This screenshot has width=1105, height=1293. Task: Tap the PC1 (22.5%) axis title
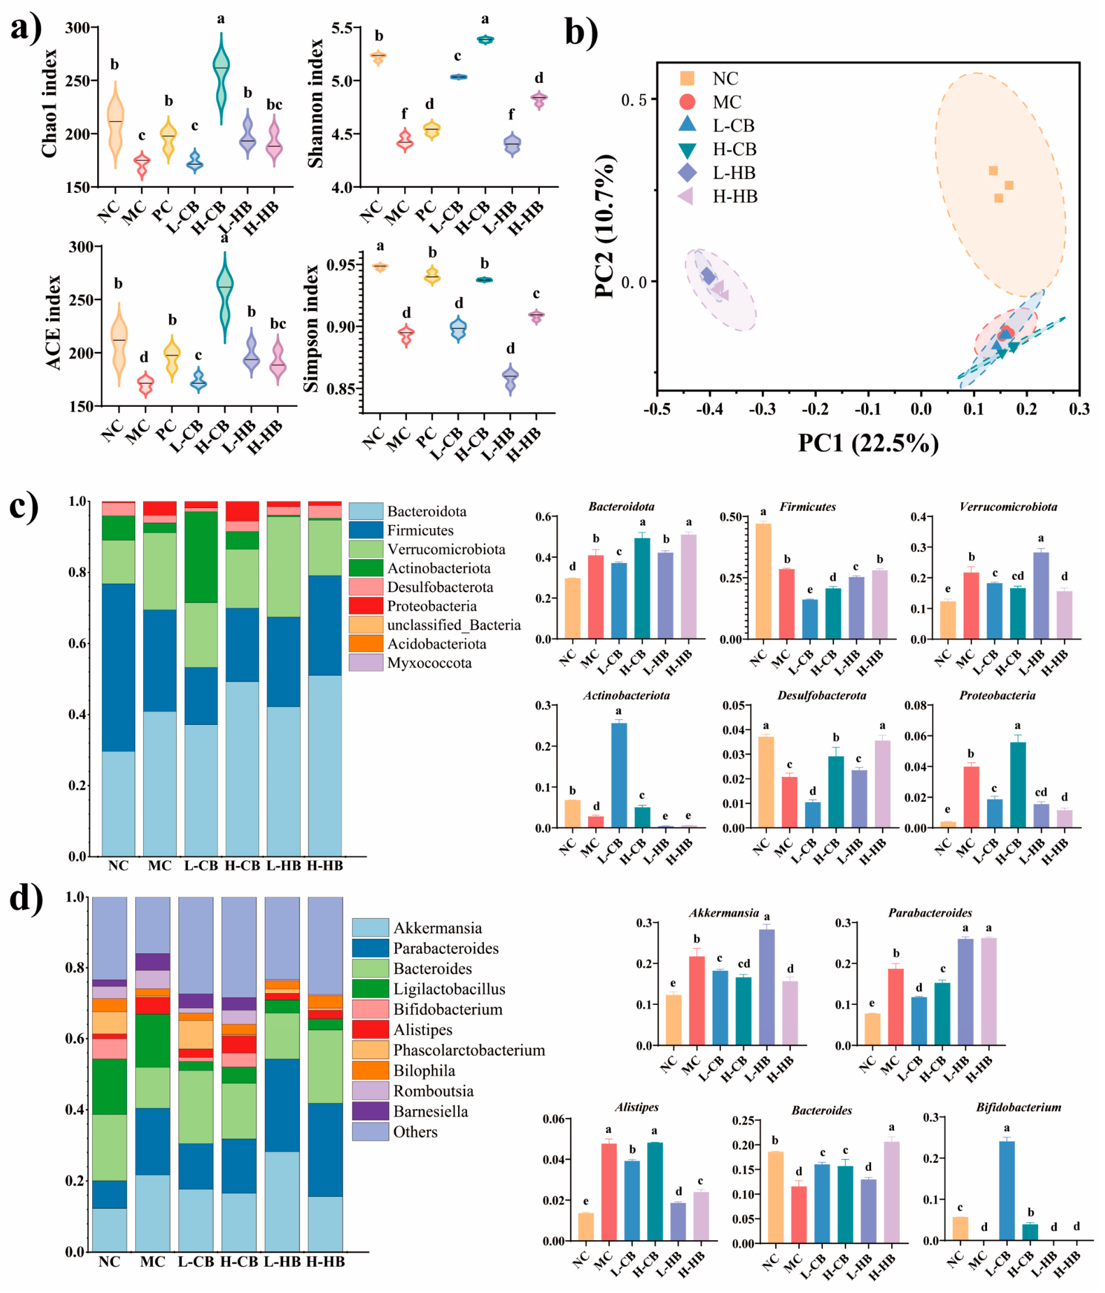click(868, 443)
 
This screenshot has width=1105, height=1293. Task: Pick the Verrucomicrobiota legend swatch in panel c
click(365, 549)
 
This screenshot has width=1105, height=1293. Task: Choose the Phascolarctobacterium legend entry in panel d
click(468, 1050)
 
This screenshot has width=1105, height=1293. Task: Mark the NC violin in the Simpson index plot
click(379, 266)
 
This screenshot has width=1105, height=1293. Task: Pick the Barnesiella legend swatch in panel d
click(370, 1111)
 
